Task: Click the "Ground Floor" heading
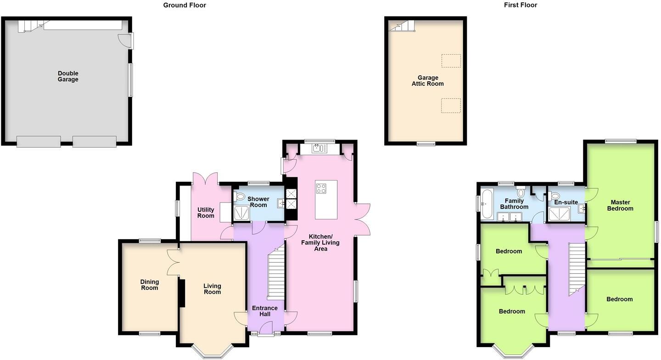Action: tap(185, 5)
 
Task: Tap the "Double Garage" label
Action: tap(68, 76)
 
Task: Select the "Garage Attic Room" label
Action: tap(427, 81)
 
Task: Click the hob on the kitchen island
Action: tap(321, 188)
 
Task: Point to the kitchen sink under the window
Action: tap(319, 148)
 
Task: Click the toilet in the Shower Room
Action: tap(239, 197)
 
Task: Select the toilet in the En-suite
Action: tap(555, 196)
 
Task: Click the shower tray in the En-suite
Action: tap(560, 214)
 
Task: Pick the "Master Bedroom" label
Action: tap(620, 205)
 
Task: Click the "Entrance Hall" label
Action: tap(264, 311)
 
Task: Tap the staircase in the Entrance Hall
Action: tap(276, 273)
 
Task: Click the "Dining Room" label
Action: tap(149, 285)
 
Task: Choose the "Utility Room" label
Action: tap(206, 213)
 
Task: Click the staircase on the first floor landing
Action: tap(577, 269)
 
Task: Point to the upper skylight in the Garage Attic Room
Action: tap(451, 61)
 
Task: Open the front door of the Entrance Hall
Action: tap(266, 329)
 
